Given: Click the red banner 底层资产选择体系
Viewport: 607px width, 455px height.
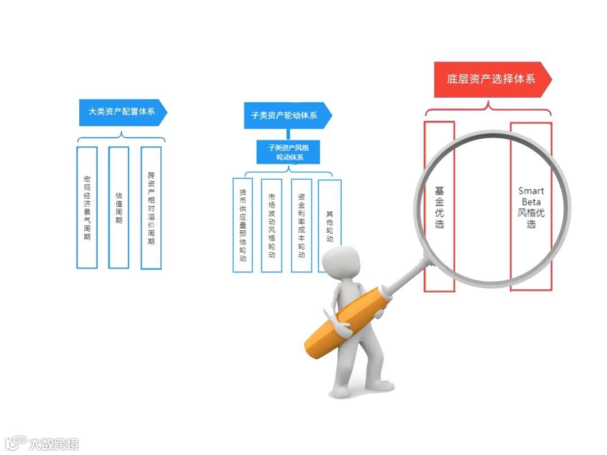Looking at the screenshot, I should [491, 79].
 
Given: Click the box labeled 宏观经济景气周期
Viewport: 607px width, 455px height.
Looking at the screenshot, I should [87, 207].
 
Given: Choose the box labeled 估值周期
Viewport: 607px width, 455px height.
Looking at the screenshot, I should [119, 207].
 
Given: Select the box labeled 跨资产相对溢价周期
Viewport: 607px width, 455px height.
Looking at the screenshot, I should [151, 207].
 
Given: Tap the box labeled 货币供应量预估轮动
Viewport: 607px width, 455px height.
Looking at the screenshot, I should [243, 225].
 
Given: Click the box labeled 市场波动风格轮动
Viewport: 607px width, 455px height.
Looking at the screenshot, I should [271, 225].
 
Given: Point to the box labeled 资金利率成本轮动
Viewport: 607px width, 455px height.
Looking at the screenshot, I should [301, 225].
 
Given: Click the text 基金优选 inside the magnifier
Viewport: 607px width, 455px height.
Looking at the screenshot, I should [439, 207].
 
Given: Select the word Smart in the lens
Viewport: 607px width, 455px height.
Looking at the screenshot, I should [531, 191].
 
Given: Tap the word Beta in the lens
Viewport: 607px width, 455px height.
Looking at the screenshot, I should [531, 202].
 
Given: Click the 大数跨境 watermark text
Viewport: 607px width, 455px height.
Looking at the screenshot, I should [53, 443].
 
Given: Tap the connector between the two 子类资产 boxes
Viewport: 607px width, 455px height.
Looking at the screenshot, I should [288, 134].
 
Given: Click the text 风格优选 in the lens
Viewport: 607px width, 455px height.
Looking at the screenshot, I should [531, 219].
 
